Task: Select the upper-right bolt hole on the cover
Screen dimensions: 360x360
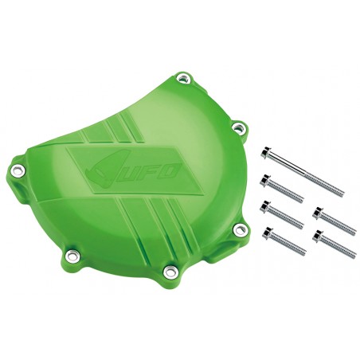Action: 236,126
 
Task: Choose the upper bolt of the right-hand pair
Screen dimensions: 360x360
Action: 330,221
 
